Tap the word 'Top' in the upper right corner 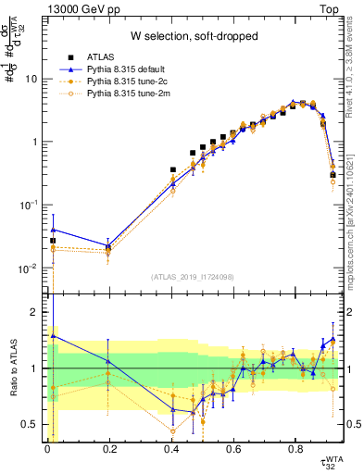point(331,8)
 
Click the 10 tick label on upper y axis point(31,79)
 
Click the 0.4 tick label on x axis point(171,451)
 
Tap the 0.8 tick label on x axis point(295,451)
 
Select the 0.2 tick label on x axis point(109,451)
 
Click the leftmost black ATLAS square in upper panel point(53,241)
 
